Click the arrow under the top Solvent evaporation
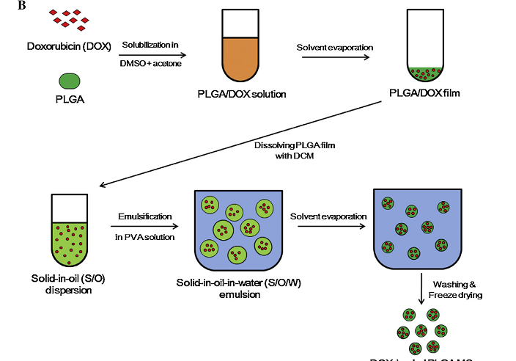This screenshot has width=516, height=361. click(335, 58)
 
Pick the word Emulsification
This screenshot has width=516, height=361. click(145, 216)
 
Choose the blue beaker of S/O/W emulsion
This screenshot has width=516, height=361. click(235, 228)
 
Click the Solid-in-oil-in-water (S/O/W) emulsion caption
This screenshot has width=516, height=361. click(235, 288)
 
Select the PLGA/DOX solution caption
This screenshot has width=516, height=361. click(241, 94)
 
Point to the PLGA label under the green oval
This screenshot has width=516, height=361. click(68, 99)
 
